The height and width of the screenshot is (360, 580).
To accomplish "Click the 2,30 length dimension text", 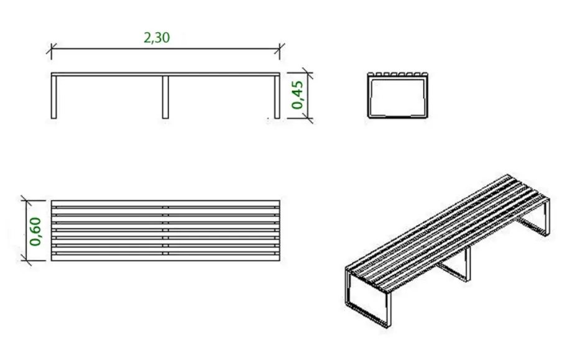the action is click(157, 37).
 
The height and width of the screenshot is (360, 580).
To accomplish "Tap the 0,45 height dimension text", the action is click(297, 95).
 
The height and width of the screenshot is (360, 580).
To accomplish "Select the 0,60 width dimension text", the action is click(35, 232).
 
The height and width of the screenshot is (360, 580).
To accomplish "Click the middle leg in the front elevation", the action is click(165, 98).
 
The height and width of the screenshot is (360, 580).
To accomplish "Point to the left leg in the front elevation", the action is click(54, 96).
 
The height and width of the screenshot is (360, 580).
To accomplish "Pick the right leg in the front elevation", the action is click(277, 97).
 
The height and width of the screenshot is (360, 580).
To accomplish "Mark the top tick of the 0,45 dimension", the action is click(307, 73).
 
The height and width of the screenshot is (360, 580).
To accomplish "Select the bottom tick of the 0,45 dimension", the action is click(307, 118).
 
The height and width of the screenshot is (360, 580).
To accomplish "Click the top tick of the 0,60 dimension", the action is click(26, 201).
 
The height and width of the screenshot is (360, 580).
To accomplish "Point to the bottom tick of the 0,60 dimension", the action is click(26, 260).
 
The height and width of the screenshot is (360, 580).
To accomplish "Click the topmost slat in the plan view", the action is click(165, 203).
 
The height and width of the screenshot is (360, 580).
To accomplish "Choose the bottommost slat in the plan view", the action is click(165, 257).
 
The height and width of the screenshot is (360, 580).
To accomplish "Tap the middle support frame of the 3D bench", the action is click(454, 264).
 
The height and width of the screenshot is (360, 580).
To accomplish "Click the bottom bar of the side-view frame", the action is click(398, 116).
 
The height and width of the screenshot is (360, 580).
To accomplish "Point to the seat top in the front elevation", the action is click(165, 74).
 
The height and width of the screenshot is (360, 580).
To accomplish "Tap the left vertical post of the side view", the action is click(369, 96).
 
